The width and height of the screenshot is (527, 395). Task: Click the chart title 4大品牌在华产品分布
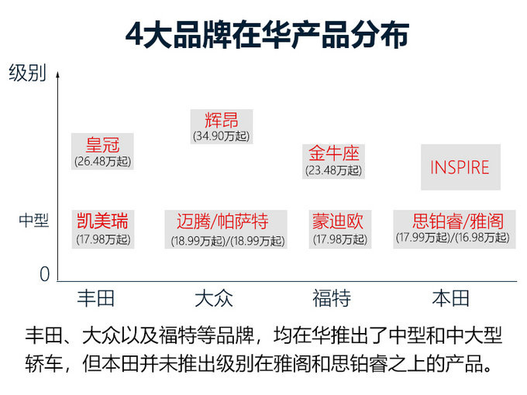click(x=267, y=35)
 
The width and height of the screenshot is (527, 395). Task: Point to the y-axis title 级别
click(x=28, y=73)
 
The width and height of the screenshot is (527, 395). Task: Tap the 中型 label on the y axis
click(x=34, y=220)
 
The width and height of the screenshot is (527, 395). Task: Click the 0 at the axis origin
click(x=45, y=273)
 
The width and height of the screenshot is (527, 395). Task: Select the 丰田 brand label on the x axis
click(x=96, y=298)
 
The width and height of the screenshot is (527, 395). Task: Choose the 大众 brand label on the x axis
click(x=214, y=298)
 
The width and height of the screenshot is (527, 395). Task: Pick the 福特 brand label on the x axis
click(x=332, y=298)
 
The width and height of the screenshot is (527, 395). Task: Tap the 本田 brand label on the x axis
click(x=450, y=298)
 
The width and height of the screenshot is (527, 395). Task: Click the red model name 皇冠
click(x=102, y=145)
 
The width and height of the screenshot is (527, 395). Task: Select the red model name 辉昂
click(x=222, y=120)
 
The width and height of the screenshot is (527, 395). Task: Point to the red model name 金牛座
click(x=334, y=153)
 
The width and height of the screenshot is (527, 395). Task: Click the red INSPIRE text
click(x=460, y=167)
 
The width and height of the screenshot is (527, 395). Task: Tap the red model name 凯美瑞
click(x=102, y=221)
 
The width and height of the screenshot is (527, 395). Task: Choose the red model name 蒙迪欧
click(x=338, y=221)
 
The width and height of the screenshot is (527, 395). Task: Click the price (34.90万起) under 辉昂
click(x=222, y=136)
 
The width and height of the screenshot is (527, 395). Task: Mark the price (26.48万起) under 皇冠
click(x=103, y=161)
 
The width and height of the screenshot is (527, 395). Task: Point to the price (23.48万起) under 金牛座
click(x=334, y=170)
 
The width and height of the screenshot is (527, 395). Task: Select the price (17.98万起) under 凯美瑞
click(x=103, y=239)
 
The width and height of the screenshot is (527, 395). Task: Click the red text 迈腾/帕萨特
click(x=222, y=222)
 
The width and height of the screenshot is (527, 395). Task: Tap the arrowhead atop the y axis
click(x=58, y=74)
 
